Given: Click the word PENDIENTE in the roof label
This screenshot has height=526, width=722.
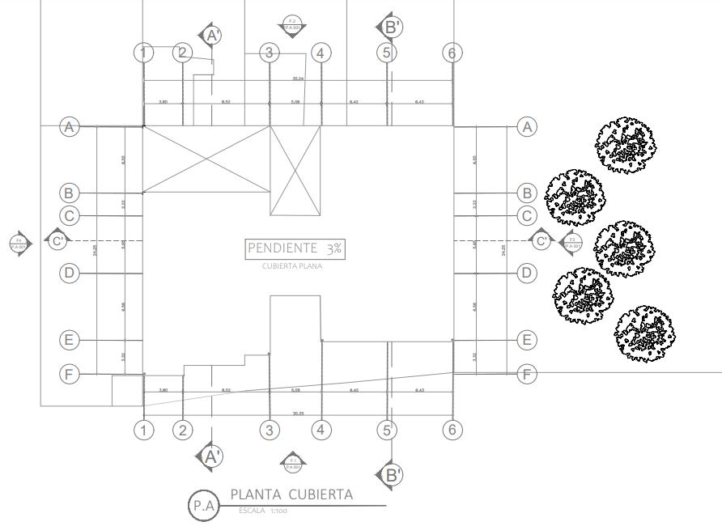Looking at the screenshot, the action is coord(282,248).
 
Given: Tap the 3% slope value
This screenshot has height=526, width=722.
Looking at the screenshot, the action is coord(334,249).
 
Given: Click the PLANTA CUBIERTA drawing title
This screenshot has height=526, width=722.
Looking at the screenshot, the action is coord(291,494).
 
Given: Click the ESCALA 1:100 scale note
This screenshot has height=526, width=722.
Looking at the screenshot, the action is coord(264,511).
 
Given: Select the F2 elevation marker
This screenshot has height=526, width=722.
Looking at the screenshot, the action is coord(291,23).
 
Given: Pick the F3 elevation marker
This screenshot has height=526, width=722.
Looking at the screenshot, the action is coord(572,242).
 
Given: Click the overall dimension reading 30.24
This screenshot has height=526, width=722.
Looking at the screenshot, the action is coord(298,78).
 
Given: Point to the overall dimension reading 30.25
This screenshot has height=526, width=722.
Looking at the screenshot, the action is coord(298,414).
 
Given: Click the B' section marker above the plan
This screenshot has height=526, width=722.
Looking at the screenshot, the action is coord(390,27).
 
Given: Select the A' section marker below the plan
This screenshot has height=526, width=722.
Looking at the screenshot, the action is coord(210,456).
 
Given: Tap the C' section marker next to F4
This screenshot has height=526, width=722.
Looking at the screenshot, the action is coord(57,240).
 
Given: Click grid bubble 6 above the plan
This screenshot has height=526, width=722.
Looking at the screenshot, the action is coord(452,53).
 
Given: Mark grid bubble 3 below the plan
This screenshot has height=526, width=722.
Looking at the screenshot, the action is coord(270,430).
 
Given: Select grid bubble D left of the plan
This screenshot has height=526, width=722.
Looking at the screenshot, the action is coord(70,274).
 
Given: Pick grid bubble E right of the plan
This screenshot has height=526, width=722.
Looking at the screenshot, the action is coord(527,340).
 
